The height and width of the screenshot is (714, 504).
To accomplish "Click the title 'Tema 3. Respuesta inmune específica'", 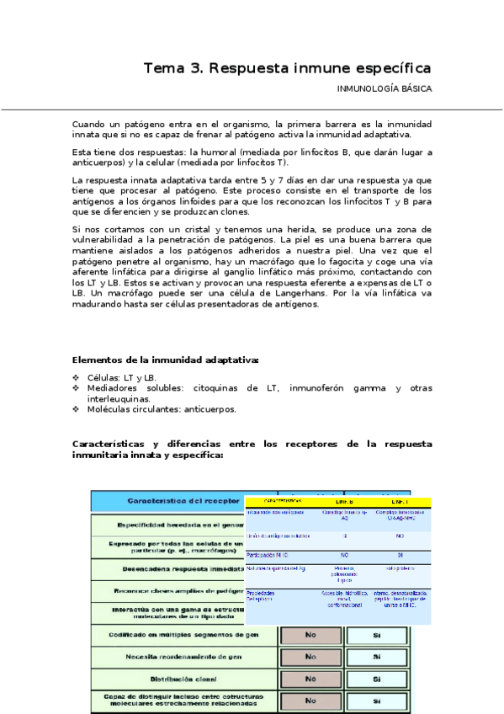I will pyautogui.click(x=287, y=67).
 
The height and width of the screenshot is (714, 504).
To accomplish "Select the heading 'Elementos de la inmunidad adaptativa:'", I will pyautogui.click(x=166, y=360).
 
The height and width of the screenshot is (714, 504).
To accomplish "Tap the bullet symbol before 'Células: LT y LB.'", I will pyautogui.click(x=77, y=378).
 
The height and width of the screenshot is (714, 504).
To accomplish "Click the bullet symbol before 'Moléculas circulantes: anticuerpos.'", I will pyautogui.click(x=77, y=409).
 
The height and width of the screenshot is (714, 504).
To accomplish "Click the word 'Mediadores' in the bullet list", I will pyautogui.click(x=114, y=388).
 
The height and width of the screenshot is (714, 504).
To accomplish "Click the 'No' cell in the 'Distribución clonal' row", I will pyautogui.click(x=310, y=679).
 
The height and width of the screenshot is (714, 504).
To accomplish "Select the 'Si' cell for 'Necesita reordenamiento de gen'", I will pyautogui.click(x=377, y=657).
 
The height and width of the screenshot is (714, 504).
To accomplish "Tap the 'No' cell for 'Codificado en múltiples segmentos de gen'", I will pyautogui.click(x=310, y=635).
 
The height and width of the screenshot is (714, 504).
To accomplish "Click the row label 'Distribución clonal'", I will pyautogui.click(x=183, y=679).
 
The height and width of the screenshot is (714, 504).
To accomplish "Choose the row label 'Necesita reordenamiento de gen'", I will pyautogui.click(x=183, y=657).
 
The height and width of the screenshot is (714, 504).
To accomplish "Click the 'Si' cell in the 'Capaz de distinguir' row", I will pyautogui.click(x=377, y=701).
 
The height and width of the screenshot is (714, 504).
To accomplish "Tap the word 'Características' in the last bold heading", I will pyautogui.click(x=110, y=443).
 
